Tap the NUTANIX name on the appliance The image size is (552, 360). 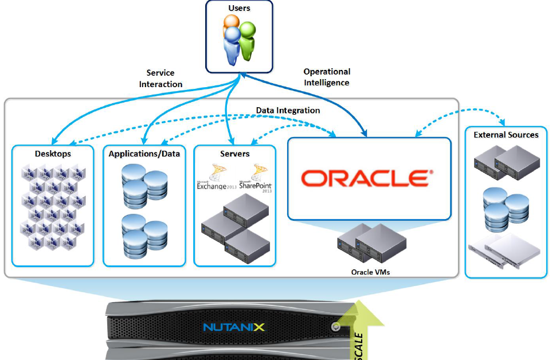(x=234, y=327)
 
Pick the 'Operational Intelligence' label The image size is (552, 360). (x=327, y=77)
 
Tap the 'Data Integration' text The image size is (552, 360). (x=288, y=110)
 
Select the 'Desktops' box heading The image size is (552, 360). (x=53, y=154)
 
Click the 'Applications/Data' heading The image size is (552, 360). (x=144, y=154)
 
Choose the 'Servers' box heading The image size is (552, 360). (x=234, y=154)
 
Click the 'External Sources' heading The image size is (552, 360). (x=506, y=135)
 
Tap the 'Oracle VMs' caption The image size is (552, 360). (x=370, y=272)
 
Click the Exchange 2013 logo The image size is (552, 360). (x=213, y=178)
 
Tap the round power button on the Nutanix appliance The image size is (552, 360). (x=335, y=327)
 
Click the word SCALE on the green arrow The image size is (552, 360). (x=359, y=345)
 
